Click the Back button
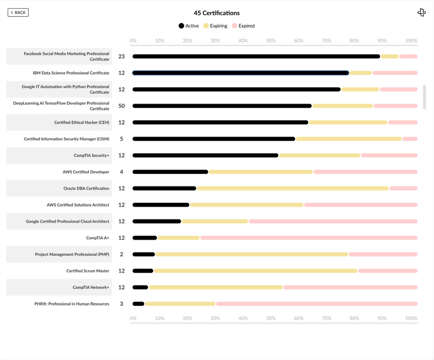click(18, 12)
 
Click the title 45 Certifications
click(216, 13)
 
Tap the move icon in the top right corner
click(422, 12)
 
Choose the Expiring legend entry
click(215, 26)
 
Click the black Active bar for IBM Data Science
click(240, 73)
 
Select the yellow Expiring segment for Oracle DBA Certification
click(292, 189)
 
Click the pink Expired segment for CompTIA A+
click(308, 238)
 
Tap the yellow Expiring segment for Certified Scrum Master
click(256, 271)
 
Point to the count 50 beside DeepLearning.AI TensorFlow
click(122, 106)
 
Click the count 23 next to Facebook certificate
click(122, 56)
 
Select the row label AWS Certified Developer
click(86, 172)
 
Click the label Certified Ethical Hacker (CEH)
click(81, 123)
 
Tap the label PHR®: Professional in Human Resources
click(72, 304)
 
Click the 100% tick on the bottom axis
click(411, 318)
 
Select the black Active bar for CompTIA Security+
click(205, 156)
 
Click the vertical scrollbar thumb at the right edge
click(424, 97)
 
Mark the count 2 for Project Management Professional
click(122, 255)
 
